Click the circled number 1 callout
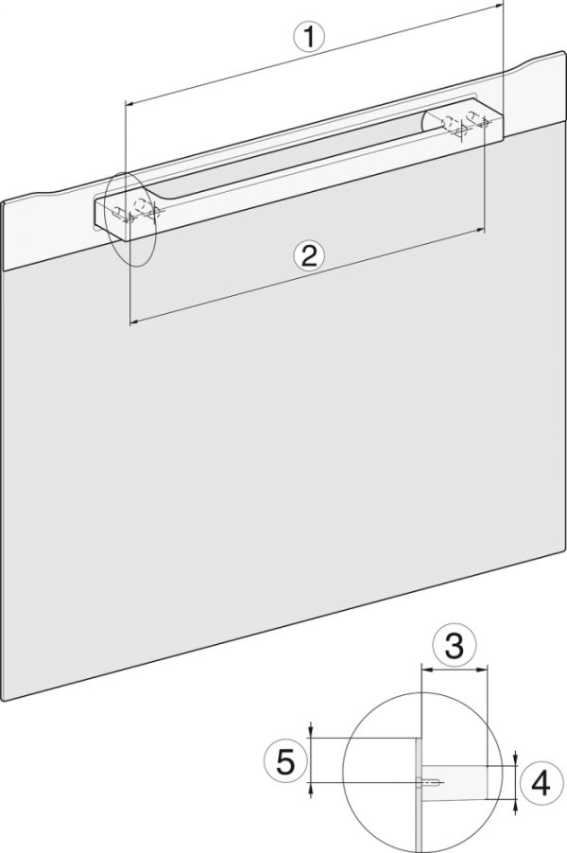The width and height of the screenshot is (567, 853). pyautogui.click(x=309, y=38)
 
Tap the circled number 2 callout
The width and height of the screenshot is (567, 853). pyautogui.click(x=309, y=255)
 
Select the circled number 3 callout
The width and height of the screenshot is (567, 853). pyautogui.click(x=454, y=646)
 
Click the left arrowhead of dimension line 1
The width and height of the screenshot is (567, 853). pyautogui.click(x=129, y=102)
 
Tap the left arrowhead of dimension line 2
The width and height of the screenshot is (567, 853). pyautogui.click(x=134, y=323)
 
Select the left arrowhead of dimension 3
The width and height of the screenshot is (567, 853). pyautogui.click(x=425, y=671)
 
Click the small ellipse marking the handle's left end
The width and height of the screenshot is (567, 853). pyautogui.click(x=130, y=218)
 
